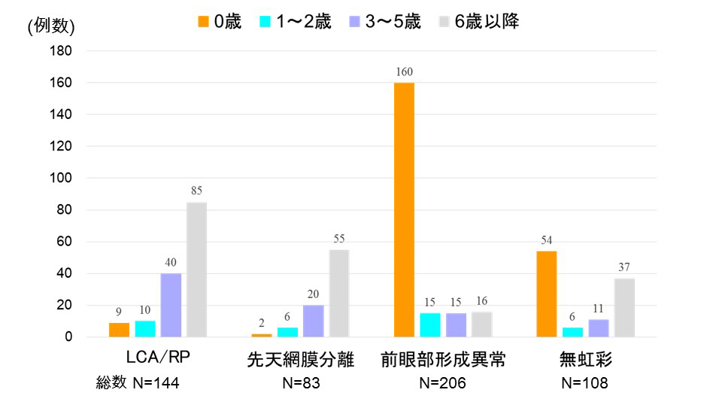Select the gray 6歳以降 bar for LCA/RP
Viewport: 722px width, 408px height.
coord(196,269)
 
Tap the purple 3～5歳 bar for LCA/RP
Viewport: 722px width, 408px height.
coord(171,305)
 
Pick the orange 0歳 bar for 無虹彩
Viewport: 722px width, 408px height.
coord(546,294)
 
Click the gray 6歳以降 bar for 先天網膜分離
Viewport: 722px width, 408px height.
coord(338,293)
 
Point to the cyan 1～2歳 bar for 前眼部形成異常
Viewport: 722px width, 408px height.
coord(430,324)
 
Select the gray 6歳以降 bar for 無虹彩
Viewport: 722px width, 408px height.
coord(624,307)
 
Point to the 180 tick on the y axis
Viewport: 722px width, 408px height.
coord(62,51)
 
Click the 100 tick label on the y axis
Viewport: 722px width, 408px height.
coord(62,178)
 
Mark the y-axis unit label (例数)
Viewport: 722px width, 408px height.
coord(51,26)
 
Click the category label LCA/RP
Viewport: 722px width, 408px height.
coord(159,360)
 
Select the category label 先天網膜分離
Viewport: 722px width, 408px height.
coord(301,360)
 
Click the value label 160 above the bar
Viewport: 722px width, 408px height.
coord(404,72)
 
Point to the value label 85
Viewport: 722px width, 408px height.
coord(196,191)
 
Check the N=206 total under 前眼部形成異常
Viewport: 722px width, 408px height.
coord(442,384)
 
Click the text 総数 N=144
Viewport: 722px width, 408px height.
coord(138,384)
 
